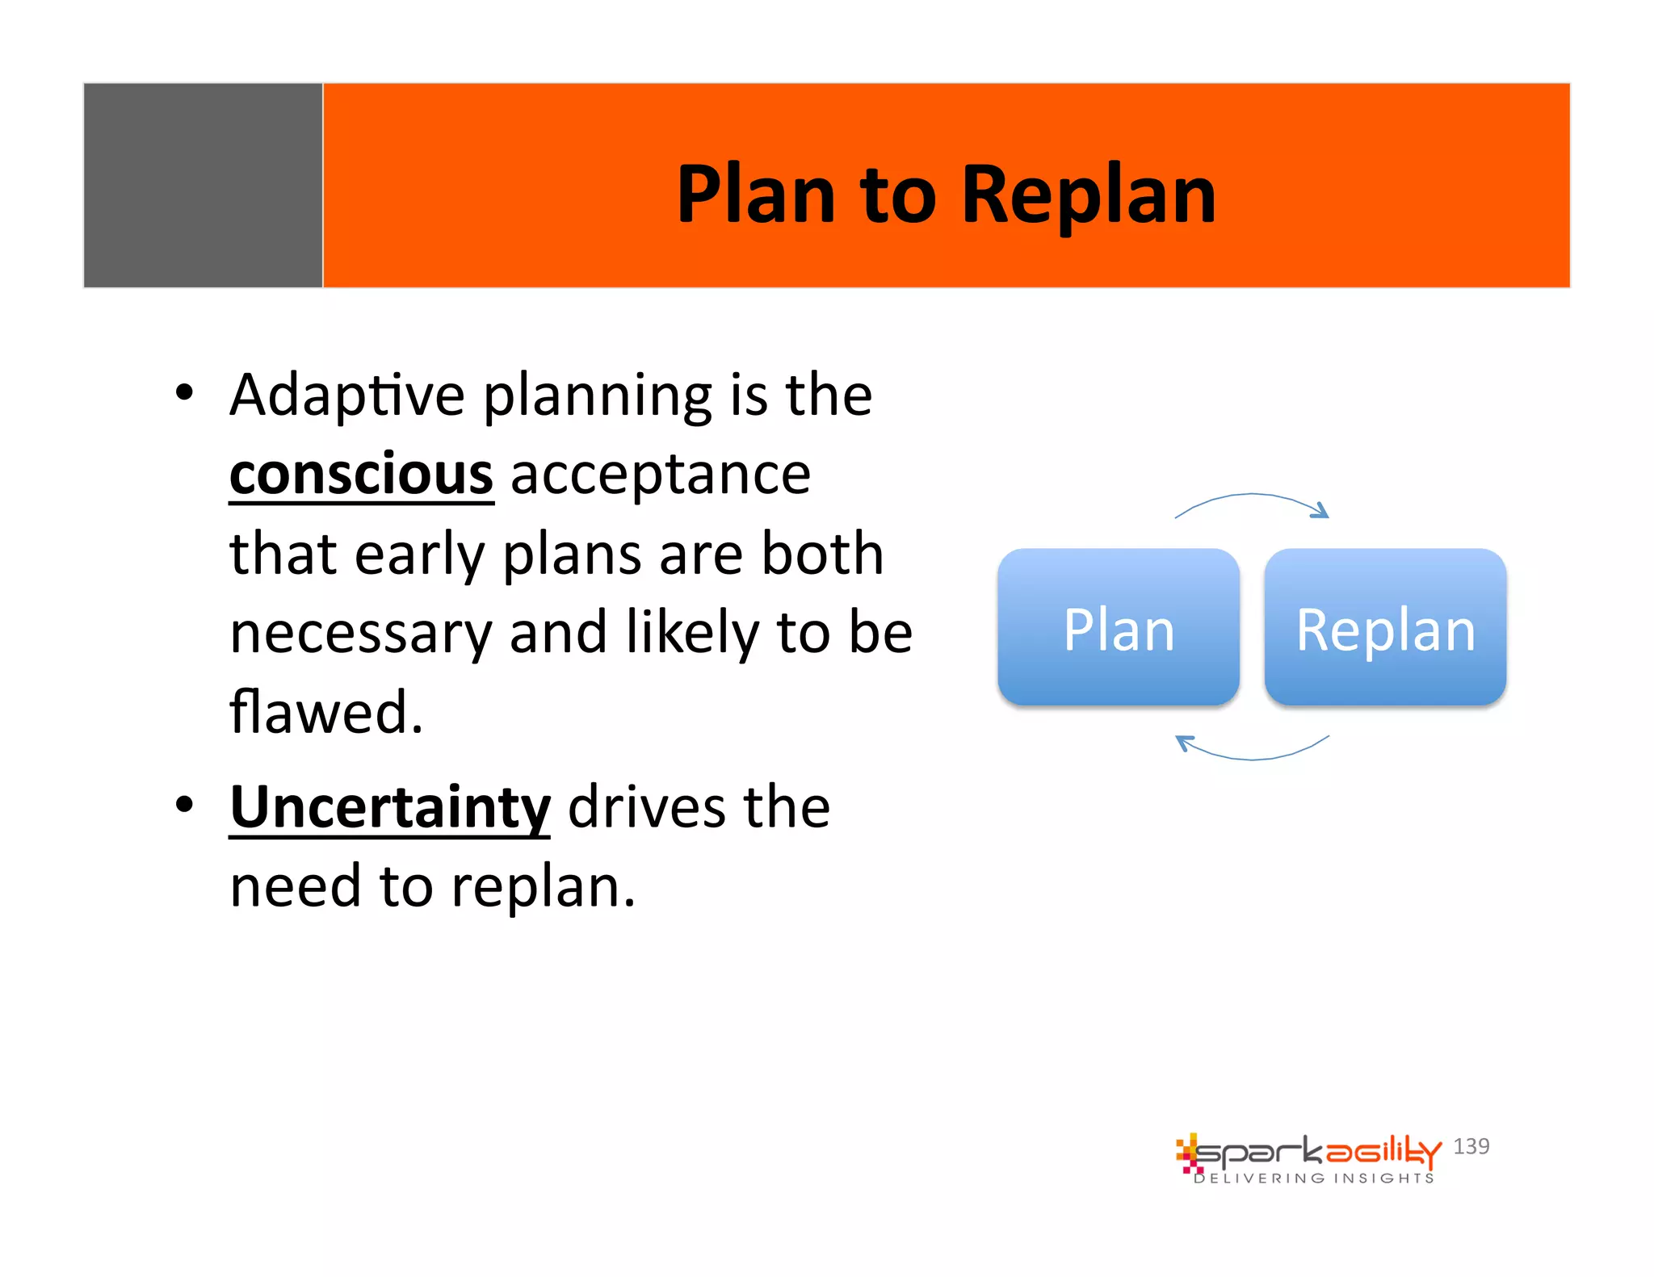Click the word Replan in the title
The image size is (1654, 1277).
(1088, 195)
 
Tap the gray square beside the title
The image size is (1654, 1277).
(203, 185)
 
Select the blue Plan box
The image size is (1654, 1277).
(1118, 627)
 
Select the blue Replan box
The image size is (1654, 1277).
(1385, 627)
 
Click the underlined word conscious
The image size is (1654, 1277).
(361, 475)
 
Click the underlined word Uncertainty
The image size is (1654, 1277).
(390, 807)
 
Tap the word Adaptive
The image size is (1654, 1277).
(347, 396)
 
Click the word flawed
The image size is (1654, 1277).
(326, 712)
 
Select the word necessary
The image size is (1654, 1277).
(361, 633)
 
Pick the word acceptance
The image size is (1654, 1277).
(660, 475)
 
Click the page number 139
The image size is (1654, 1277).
(1471, 1146)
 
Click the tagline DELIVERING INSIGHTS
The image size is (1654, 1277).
(1314, 1179)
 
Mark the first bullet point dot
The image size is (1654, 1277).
(185, 393)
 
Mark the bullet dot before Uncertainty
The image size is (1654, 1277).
(185, 805)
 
